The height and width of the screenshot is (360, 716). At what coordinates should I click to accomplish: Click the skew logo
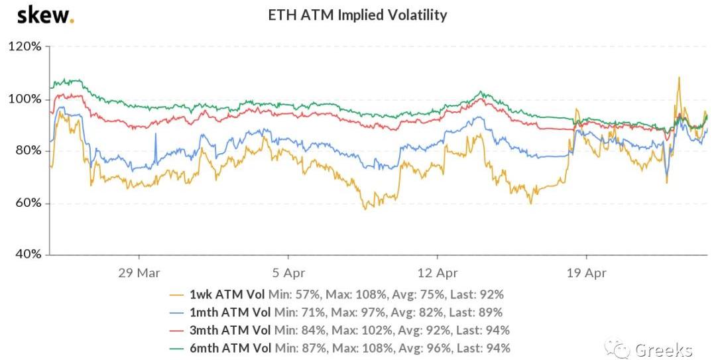[45, 15]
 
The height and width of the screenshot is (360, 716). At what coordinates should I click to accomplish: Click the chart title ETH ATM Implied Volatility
[357, 15]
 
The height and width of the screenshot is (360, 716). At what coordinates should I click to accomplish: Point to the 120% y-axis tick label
[25, 47]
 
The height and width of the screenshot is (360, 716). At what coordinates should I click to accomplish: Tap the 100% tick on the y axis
[25, 99]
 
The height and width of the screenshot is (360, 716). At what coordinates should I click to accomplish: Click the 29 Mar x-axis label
[139, 272]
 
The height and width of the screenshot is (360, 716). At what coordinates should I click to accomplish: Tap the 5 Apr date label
[288, 272]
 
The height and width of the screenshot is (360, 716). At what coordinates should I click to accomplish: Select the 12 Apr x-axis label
[438, 272]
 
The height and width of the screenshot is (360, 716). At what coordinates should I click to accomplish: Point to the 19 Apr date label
[587, 272]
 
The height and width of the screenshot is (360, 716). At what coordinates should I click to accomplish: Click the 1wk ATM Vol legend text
[227, 294]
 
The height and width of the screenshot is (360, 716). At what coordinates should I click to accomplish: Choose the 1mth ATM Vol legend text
[230, 312]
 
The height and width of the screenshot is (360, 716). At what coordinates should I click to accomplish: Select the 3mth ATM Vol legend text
[230, 330]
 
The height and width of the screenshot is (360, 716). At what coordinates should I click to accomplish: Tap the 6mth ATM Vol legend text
[230, 348]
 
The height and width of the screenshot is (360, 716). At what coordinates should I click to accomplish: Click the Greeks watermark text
[664, 349]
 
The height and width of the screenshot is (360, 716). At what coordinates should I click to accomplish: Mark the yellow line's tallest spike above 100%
[678, 78]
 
